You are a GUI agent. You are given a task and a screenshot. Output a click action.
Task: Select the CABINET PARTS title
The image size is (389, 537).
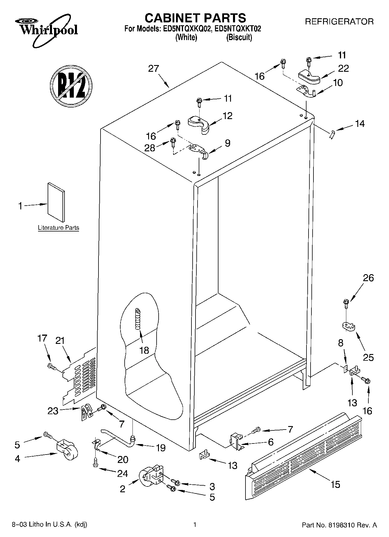coord(195,18)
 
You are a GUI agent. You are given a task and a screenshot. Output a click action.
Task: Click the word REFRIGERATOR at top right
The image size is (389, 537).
coord(339,22)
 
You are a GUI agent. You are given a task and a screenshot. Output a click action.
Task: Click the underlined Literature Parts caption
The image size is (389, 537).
coord(58,228)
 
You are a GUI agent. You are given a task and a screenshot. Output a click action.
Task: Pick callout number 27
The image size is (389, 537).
coord(153,69)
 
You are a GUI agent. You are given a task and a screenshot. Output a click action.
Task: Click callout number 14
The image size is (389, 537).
coord(360,124)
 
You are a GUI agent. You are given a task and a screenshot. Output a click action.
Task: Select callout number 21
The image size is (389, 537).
coord(60,341)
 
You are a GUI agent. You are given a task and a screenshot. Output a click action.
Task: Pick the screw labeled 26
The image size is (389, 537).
coord(346,303)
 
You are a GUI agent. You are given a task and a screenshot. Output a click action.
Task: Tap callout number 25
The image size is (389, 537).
coord(368,357)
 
